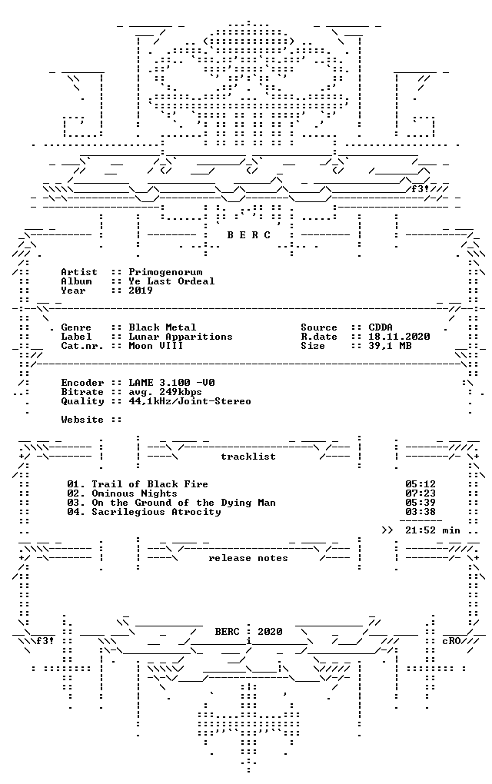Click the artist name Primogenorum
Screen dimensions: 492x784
(x=165, y=273)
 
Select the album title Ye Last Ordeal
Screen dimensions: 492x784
(x=171, y=281)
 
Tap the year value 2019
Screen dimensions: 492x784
(x=141, y=291)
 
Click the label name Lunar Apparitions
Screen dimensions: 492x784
(x=181, y=337)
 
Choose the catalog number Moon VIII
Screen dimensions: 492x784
(x=156, y=346)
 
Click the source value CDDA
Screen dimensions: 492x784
(x=381, y=327)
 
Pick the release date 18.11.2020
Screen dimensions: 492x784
(x=399, y=337)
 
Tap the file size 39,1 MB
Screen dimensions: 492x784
(x=390, y=346)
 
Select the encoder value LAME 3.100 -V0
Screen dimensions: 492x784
(x=171, y=383)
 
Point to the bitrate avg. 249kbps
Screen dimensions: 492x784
(x=165, y=393)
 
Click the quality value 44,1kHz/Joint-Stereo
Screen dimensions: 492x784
(x=190, y=401)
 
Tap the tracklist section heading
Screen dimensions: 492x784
(x=248, y=457)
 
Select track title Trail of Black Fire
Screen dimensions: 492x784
(x=150, y=484)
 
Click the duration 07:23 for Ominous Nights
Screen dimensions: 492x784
(x=421, y=493)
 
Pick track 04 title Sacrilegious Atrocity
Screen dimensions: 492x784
(x=156, y=512)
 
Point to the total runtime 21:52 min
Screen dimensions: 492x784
(x=433, y=530)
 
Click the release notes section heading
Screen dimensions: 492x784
(x=248, y=559)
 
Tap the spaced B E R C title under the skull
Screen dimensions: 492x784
(x=248, y=235)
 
